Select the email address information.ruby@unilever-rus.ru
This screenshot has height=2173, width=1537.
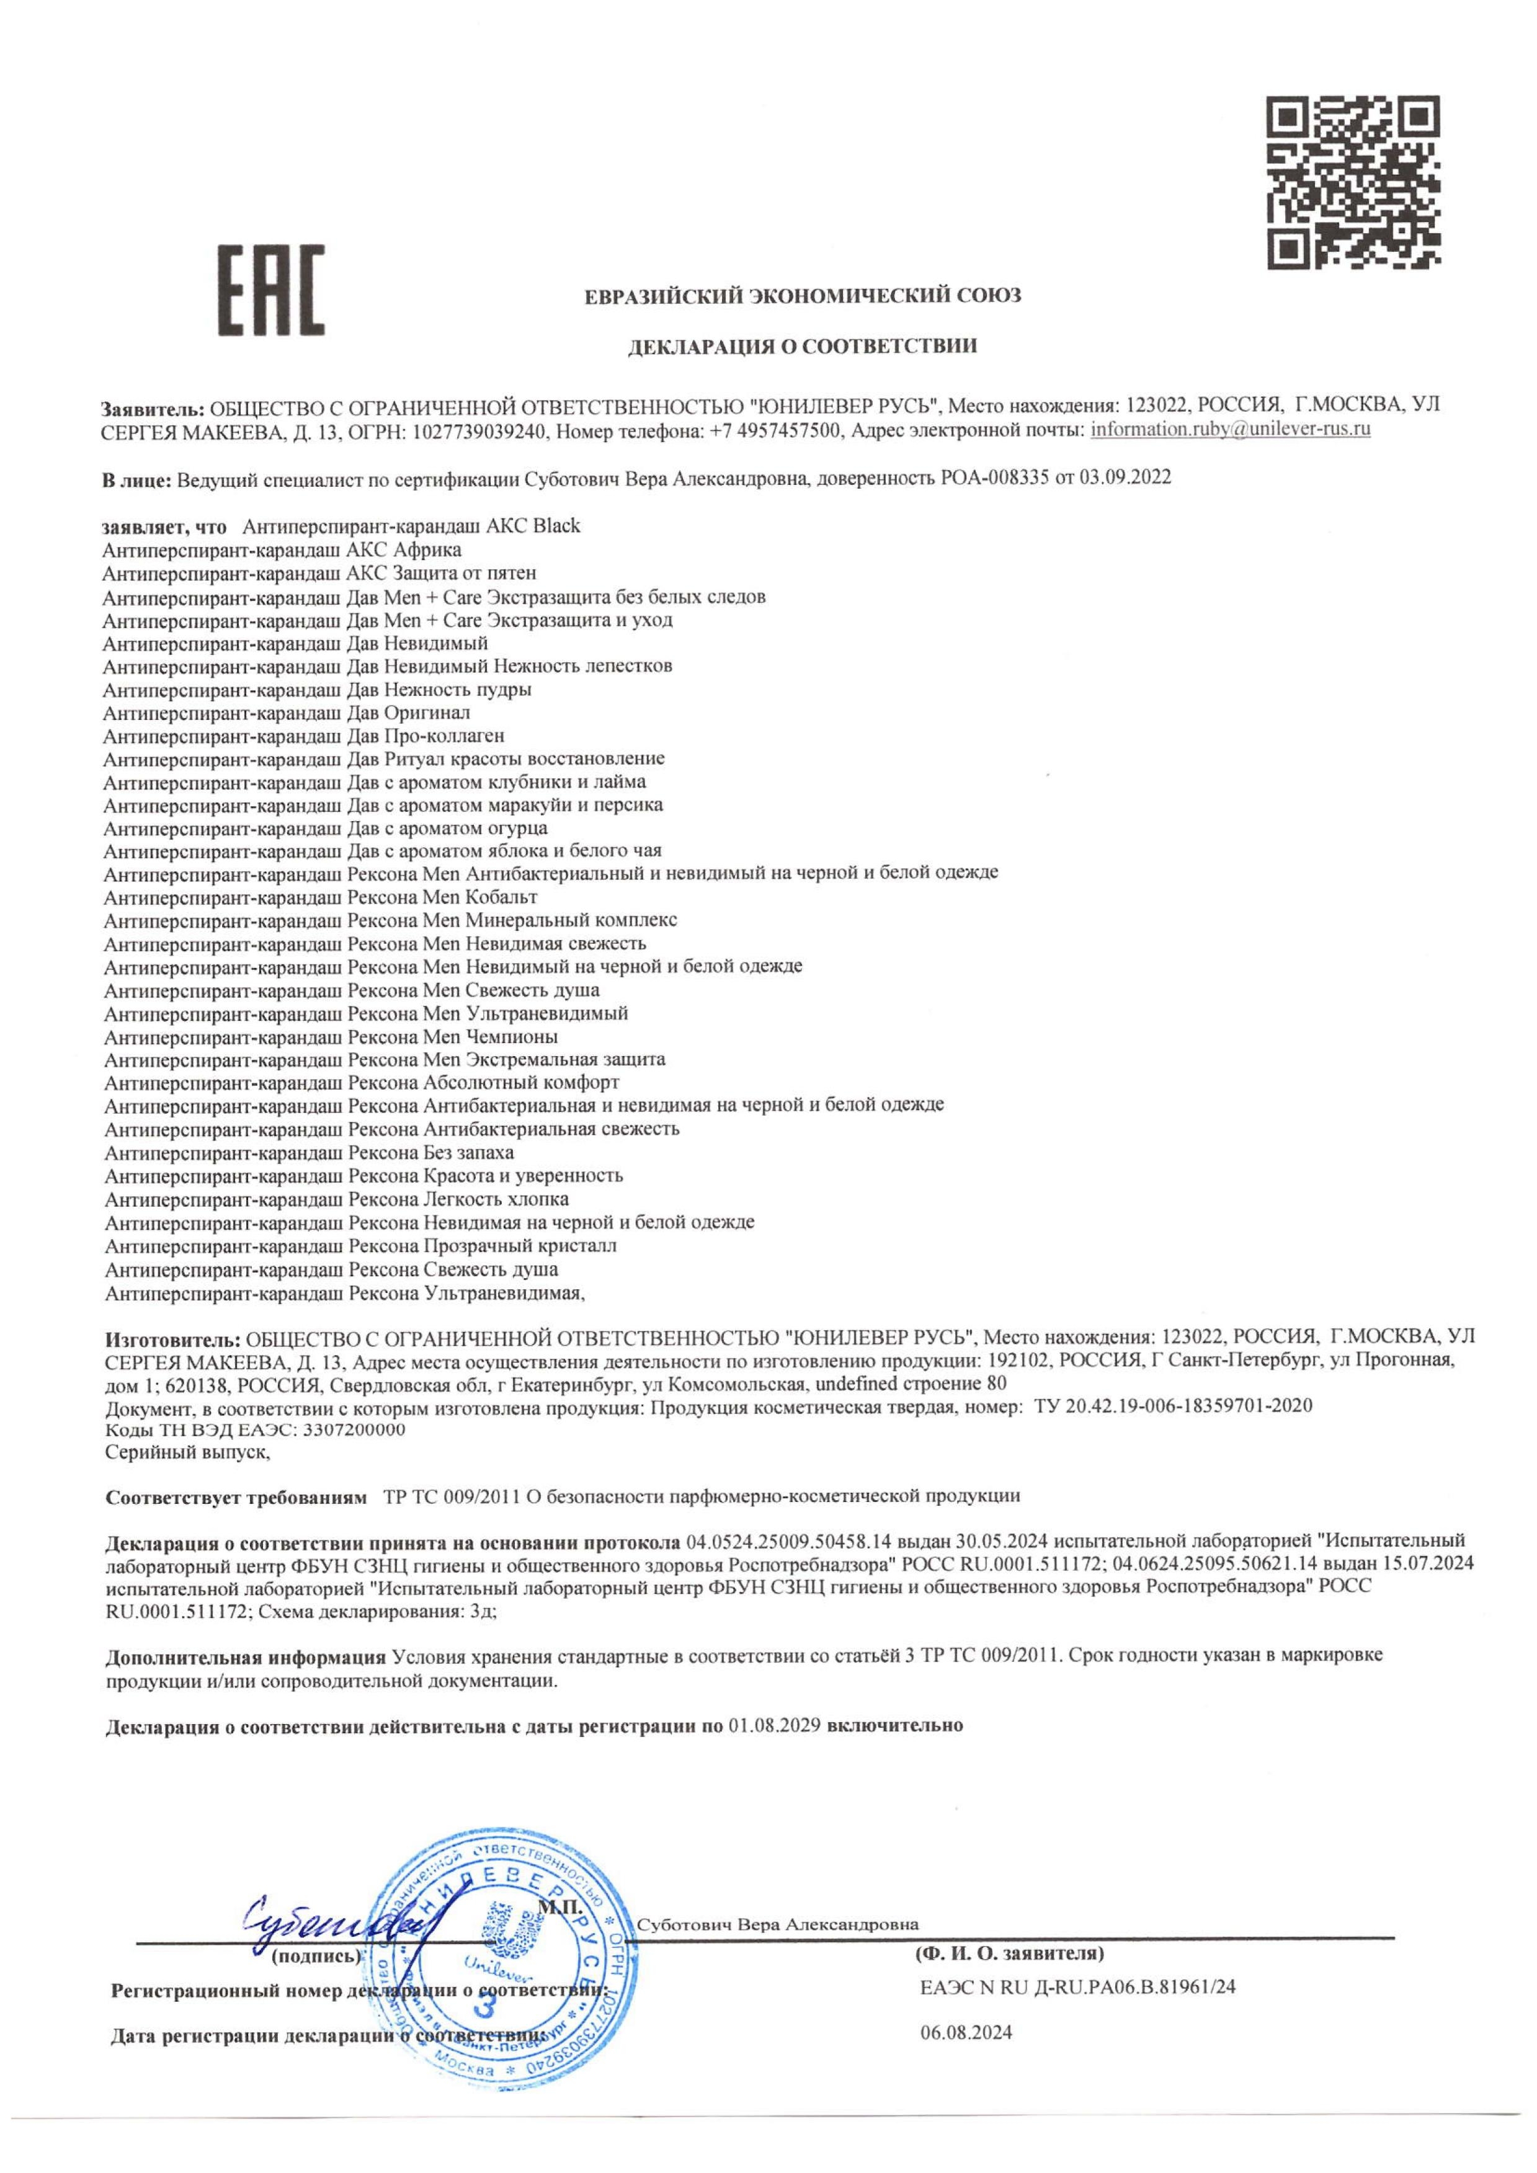(1231, 430)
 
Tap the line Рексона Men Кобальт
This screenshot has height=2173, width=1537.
(321, 896)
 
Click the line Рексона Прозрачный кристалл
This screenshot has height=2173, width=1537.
(360, 1245)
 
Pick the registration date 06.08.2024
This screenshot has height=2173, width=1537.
(965, 2033)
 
